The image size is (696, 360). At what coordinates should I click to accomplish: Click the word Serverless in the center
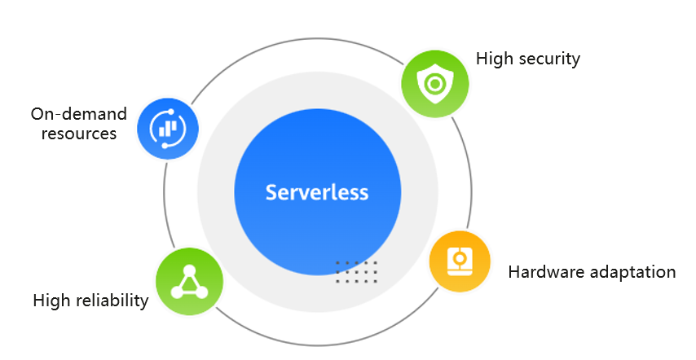[317, 193]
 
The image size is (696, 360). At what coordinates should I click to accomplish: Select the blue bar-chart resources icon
[168, 128]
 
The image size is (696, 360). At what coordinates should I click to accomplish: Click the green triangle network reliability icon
[189, 281]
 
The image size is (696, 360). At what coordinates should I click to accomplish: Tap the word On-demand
[73, 114]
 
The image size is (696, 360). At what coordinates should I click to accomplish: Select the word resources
[78, 133]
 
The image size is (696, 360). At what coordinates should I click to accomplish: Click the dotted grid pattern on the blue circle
[356, 272]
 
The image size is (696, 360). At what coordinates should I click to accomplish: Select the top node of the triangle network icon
[189, 269]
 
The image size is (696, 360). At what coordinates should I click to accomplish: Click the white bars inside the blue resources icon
[168, 129]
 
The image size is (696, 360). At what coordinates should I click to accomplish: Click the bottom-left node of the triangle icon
[176, 292]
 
